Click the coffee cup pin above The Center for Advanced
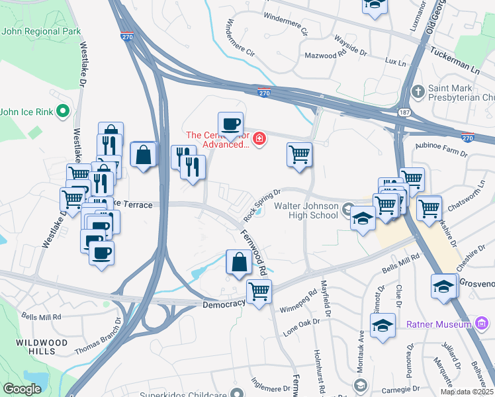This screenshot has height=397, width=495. point(230,123)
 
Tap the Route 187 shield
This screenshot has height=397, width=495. point(404,112)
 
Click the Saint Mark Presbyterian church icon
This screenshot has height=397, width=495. point(418,91)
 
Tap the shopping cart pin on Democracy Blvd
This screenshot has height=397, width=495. point(259,290)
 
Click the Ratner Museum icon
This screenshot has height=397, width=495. point(482,324)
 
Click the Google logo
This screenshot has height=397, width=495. point(22,389)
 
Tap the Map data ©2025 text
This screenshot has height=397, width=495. point(466,392)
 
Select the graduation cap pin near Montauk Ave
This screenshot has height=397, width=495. point(382,326)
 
